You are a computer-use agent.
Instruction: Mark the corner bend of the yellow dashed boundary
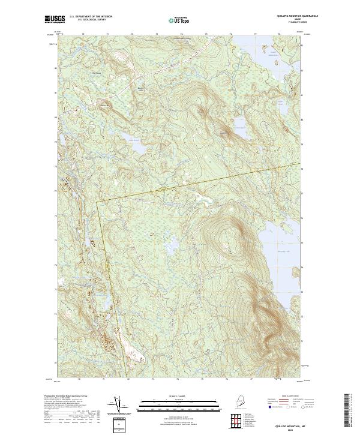click(x=97, y=202)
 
